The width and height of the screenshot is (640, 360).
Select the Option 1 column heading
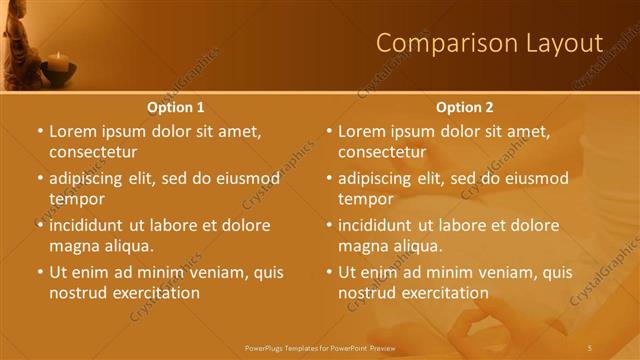coord(175,106)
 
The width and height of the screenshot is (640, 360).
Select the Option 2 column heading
coord(464,106)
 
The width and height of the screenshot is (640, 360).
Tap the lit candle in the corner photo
coord(58,63)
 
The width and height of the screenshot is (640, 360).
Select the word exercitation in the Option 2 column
coord(443,293)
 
